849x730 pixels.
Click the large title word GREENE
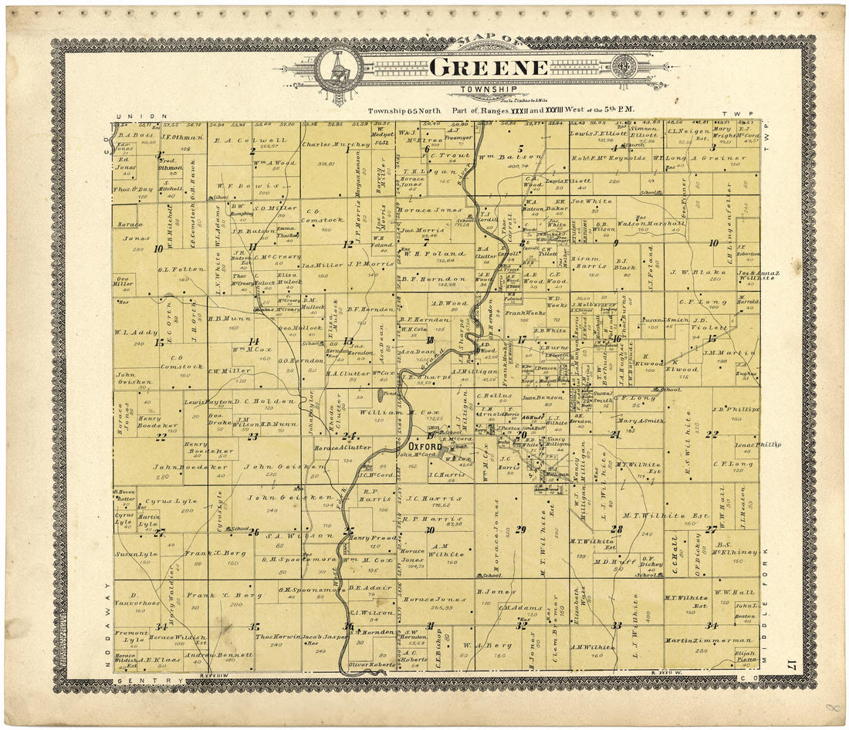tap(488, 67)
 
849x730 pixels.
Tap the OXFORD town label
tap(424, 447)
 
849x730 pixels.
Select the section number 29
tap(521, 529)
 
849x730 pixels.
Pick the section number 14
tap(253, 340)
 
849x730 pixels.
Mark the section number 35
tap(253, 627)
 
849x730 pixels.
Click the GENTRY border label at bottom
tap(148, 680)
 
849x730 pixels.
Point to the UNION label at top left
tap(151, 117)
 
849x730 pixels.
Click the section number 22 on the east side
tap(711, 434)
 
